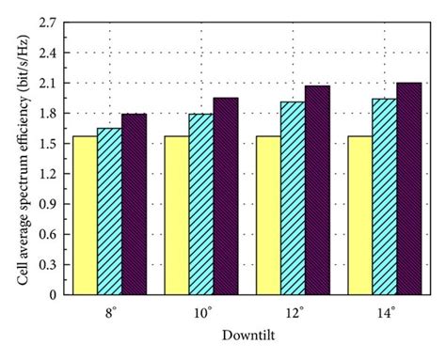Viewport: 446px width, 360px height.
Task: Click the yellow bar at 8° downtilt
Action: pyautogui.click(x=85, y=215)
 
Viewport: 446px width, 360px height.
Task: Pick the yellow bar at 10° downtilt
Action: pyautogui.click(x=176, y=215)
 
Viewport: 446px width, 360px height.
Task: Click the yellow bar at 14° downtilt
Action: pyautogui.click(x=359, y=215)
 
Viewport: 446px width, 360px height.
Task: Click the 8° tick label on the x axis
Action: pyautogui.click(x=110, y=310)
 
